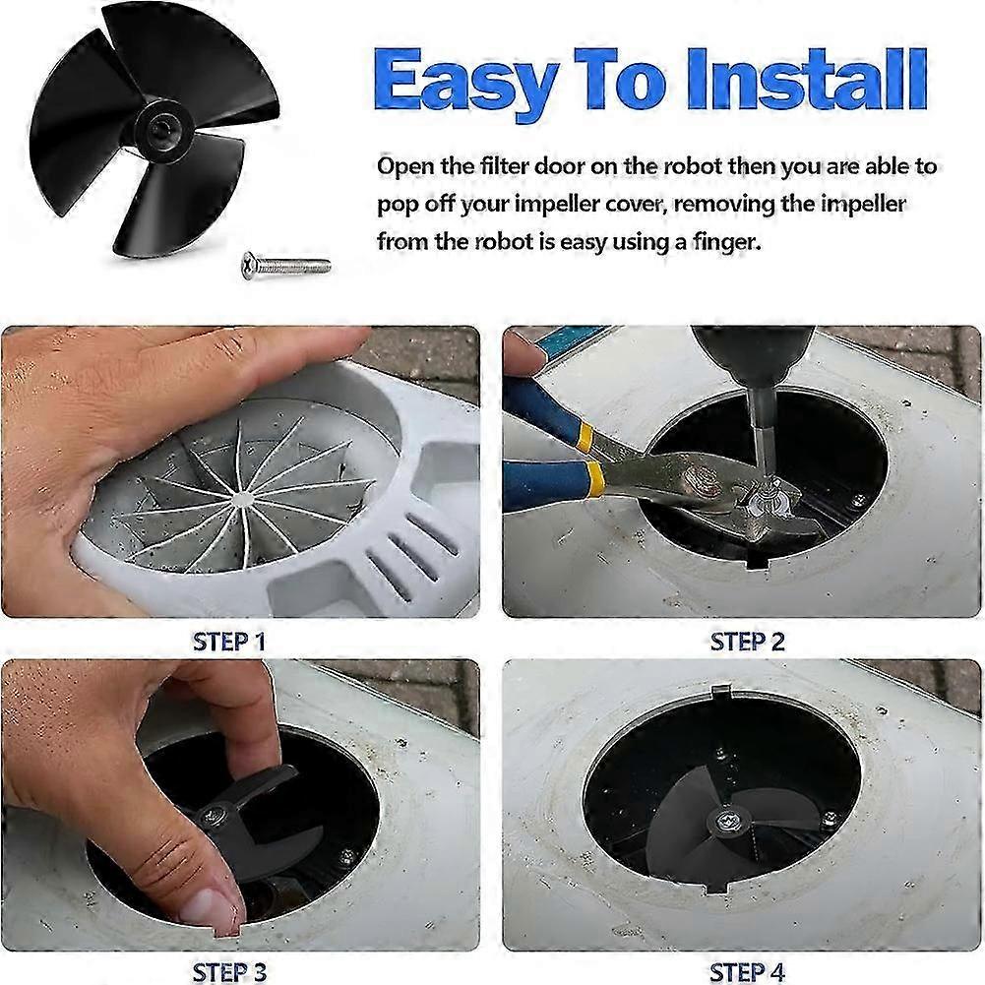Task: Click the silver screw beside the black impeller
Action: (286, 264)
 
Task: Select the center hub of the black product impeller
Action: (156, 129)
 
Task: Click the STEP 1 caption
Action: (229, 642)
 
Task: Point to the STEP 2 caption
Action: (748, 642)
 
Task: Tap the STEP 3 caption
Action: (229, 972)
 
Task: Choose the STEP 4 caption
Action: (748, 972)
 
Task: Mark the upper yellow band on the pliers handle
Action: (585, 433)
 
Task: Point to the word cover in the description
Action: (630, 205)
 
